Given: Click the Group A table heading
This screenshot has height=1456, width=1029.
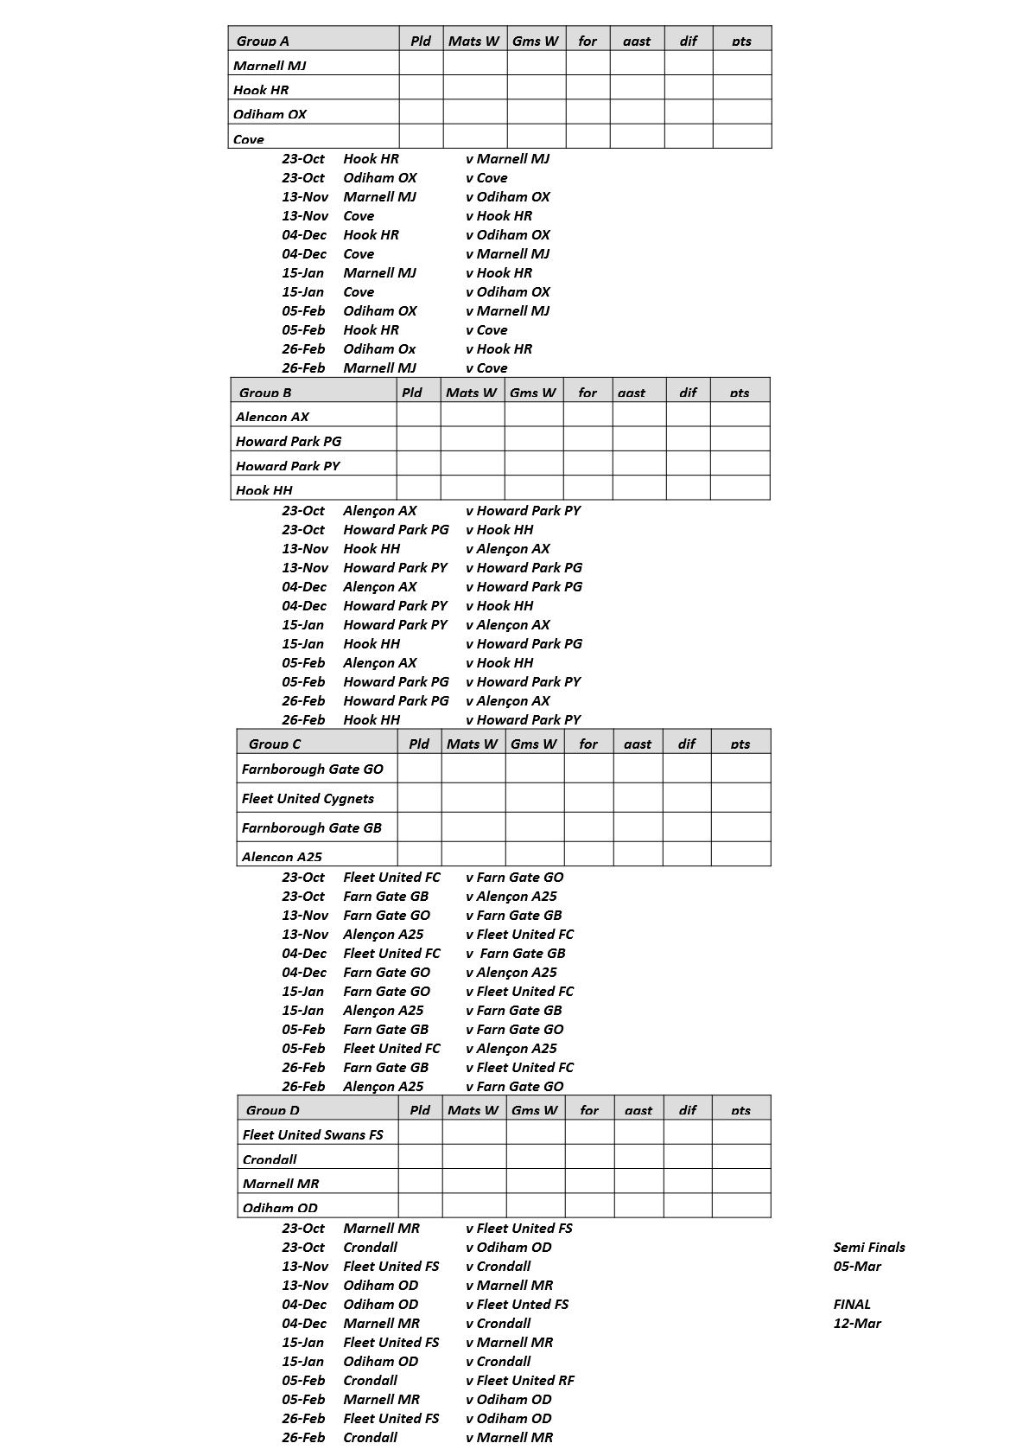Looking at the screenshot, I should (x=263, y=41).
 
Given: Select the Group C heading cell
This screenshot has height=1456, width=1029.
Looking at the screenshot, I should (x=275, y=744).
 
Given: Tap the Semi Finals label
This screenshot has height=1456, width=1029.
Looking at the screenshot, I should (x=869, y=1247).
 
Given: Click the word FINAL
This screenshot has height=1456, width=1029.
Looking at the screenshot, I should (x=852, y=1304).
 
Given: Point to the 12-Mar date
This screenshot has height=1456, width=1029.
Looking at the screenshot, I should (x=857, y=1323).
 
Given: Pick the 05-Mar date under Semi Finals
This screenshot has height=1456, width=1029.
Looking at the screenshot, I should (x=857, y=1266).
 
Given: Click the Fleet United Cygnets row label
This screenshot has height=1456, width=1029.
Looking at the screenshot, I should (x=308, y=798).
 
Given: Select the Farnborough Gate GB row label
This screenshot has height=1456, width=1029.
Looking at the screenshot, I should (x=311, y=827).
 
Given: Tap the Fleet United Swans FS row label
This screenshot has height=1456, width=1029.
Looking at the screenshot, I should (x=313, y=1134).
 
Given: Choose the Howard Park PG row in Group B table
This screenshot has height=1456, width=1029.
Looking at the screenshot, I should (x=289, y=441).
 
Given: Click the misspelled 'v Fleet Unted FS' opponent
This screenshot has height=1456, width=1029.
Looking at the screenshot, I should (x=517, y=1304).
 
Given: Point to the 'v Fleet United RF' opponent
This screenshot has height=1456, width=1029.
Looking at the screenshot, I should (x=519, y=1380).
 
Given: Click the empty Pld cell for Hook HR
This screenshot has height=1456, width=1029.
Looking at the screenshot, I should (x=421, y=88).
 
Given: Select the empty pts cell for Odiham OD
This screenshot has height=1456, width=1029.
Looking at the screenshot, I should (x=740, y=1206).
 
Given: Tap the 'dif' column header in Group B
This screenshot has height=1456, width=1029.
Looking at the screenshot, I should (x=688, y=393).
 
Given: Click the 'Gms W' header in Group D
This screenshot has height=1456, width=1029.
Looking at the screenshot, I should (x=535, y=1110).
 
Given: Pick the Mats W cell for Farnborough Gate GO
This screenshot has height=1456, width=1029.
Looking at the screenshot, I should (x=473, y=769).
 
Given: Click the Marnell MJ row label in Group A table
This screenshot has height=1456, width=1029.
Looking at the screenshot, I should (x=270, y=65).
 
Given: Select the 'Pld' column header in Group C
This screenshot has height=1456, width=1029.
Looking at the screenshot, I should (x=419, y=744).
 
